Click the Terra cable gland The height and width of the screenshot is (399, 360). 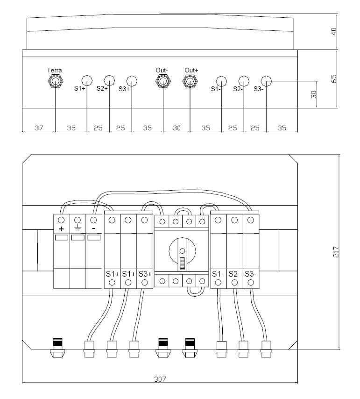56,81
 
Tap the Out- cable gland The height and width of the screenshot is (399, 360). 163,81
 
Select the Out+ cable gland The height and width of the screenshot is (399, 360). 190,81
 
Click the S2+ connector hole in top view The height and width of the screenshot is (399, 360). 109,80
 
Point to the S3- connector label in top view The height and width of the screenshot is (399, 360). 258,89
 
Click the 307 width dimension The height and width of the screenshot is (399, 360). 160,379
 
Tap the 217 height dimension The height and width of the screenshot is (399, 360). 336,252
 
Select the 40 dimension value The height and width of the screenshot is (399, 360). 334,32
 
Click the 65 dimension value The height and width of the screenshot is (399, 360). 334,78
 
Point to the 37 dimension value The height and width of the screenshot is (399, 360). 39,128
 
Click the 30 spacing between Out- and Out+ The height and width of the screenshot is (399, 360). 176,128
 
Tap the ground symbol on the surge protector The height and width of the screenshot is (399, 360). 78,229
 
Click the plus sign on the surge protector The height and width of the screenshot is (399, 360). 61,229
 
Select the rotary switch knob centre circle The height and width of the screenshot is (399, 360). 182,251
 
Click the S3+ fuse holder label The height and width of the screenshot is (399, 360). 145,274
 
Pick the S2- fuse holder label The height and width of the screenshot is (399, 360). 234,274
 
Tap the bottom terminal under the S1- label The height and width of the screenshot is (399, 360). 218,283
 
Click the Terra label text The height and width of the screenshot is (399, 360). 55,70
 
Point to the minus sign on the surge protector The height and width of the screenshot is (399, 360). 93,228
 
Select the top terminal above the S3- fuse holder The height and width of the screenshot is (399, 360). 251,220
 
